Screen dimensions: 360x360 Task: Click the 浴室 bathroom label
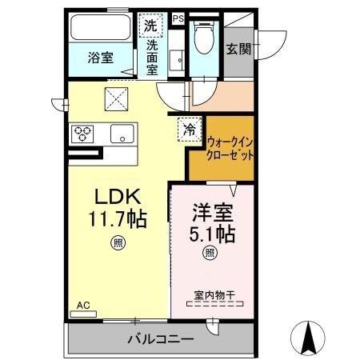[100, 59]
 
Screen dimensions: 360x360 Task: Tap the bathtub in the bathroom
[103, 29]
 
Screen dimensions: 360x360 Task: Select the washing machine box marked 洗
[151, 25]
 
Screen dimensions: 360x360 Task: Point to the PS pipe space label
[178, 18]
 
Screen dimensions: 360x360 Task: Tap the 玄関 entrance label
[238, 48]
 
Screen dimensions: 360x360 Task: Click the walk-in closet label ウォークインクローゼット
[230, 148]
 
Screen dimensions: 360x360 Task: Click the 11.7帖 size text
[118, 218]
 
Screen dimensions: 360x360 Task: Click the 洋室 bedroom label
[211, 214]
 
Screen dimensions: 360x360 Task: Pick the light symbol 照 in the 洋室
[210, 254]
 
